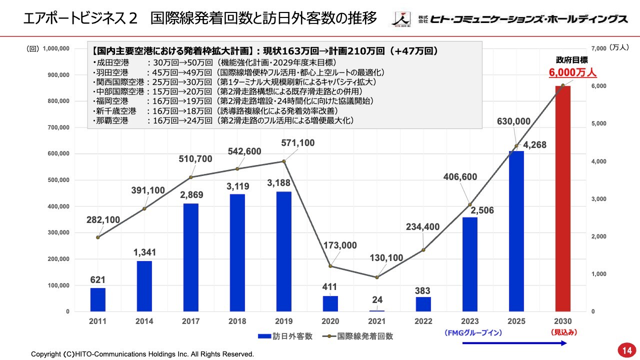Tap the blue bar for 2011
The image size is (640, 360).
(x=98, y=299)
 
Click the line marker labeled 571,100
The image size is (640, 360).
(x=284, y=161)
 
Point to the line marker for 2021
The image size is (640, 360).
(x=377, y=277)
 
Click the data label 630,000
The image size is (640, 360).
(x=513, y=121)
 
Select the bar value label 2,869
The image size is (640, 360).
(x=191, y=194)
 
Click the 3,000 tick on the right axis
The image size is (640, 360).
(x=599, y=199)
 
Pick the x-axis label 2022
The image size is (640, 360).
(x=423, y=321)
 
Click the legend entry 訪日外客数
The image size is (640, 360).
(x=285, y=336)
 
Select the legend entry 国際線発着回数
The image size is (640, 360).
(x=357, y=336)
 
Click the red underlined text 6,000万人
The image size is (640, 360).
(x=573, y=73)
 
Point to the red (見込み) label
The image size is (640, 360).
(x=563, y=331)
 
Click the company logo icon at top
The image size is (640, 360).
(x=401, y=19)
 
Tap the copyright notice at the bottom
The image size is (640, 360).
(x=142, y=354)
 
